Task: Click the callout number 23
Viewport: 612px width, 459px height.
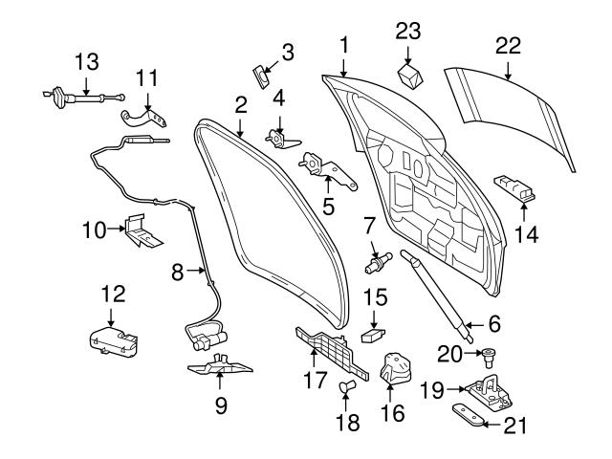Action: pyautogui.click(x=408, y=31)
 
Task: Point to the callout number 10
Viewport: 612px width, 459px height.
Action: pyautogui.click(x=96, y=231)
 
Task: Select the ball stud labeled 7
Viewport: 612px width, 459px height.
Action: pyautogui.click(x=379, y=259)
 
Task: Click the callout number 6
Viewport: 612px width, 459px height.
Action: pyautogui.click(x=495, y=325)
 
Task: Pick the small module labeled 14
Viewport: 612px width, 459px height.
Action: pyautogui.click(x=513, y=186)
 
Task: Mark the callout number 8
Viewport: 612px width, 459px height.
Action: pyautogui.click(x=178, y=273)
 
